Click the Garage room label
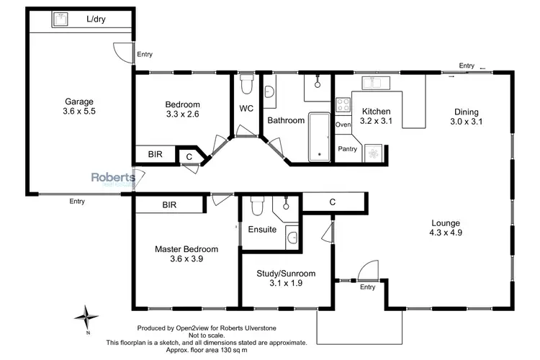pyautogui.click(x=78, y=102)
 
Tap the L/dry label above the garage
pyautogui.click(x=96, y=19)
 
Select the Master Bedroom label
pyautogui.click(x=186, y=249)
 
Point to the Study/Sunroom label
pyautogui.click(x=286, y=274)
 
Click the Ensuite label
pyautogui.click(x=262, y=230)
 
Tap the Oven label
pyautogui.click(x=343, y=125)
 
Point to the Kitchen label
pyautogui.click(x=375, y=112)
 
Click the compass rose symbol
pyautogui.click(x=86, y=315)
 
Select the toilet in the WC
pyautogui.click(x=246, y=84)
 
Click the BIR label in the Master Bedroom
pyautogui.click(x=169, y=205)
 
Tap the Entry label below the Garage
pyautogui.click(x=77, y=202)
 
